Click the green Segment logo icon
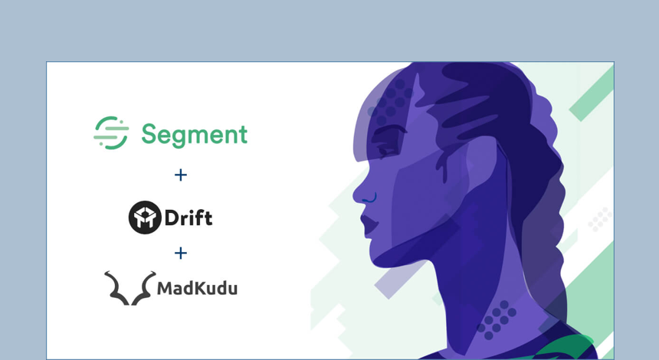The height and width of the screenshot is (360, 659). pyautogui.click(x=111, y=133)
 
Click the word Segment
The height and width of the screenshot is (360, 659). pyautogui.click(x=194, y=135)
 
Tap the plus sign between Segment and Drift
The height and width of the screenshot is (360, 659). pyautogui.click(x=181, y=175)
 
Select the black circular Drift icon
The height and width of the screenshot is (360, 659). pyautogui.click(x=144, y=218)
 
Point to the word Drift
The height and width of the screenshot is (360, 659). pyautogui.click(x=189, y=218)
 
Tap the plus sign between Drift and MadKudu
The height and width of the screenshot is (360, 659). pyautogui.click(x=181, y=253)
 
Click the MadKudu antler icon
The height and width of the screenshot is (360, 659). pyautogui.click(x=130, y=288)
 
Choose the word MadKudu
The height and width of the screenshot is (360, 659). pyautogui.click(x=197, y=289)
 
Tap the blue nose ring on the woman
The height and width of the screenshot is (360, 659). pyautogui.click(x=370, y=200)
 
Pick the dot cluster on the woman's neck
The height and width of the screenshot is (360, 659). pyautogui.click(x=496, y=318)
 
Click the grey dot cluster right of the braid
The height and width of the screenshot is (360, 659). pyautogui.click(x=600, y=219)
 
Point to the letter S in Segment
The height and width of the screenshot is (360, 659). pyautogui.click(x=149, y=134)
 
